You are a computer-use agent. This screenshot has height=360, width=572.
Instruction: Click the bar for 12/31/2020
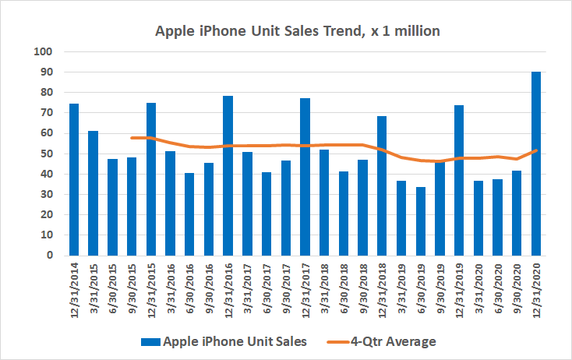click(536, 164)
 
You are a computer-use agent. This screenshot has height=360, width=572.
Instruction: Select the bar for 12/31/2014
click(74, 179)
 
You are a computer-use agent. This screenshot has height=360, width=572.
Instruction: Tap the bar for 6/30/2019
click(421, 221)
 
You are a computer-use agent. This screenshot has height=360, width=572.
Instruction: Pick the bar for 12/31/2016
click(228, 175)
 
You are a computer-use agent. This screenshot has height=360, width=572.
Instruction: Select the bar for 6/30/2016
click(189, 214)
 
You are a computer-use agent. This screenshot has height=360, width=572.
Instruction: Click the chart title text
click(286, 31)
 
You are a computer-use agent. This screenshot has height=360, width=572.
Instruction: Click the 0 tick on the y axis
click(48, 255)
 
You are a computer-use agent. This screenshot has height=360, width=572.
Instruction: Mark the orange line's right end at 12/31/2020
click(536, 150)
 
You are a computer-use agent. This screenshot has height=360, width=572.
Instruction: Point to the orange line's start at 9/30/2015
click(132, 138)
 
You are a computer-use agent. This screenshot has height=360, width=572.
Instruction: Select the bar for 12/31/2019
click(459, 180)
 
